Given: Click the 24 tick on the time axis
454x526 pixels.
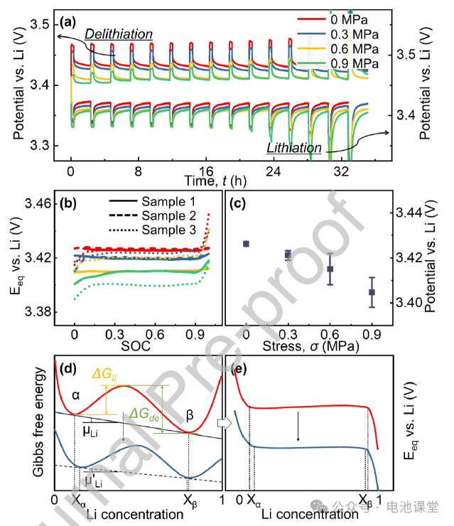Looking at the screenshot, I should [x=275, y=171].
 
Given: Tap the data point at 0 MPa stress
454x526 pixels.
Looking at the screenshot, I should [x=246, y=244].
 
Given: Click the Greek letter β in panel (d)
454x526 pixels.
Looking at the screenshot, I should [x=189, y=413].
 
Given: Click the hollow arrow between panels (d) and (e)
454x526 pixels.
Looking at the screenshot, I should [x=224, y=422].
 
